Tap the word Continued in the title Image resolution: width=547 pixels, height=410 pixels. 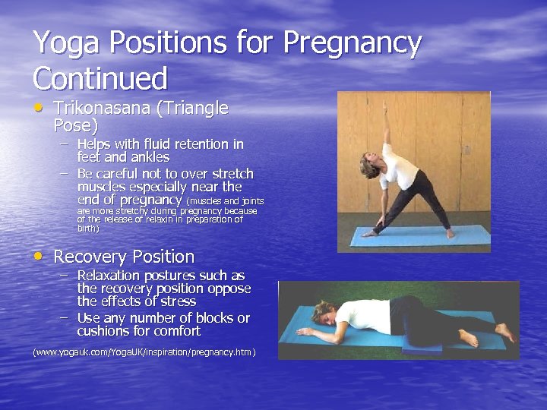100,78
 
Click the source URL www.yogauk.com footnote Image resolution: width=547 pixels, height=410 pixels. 144,352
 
